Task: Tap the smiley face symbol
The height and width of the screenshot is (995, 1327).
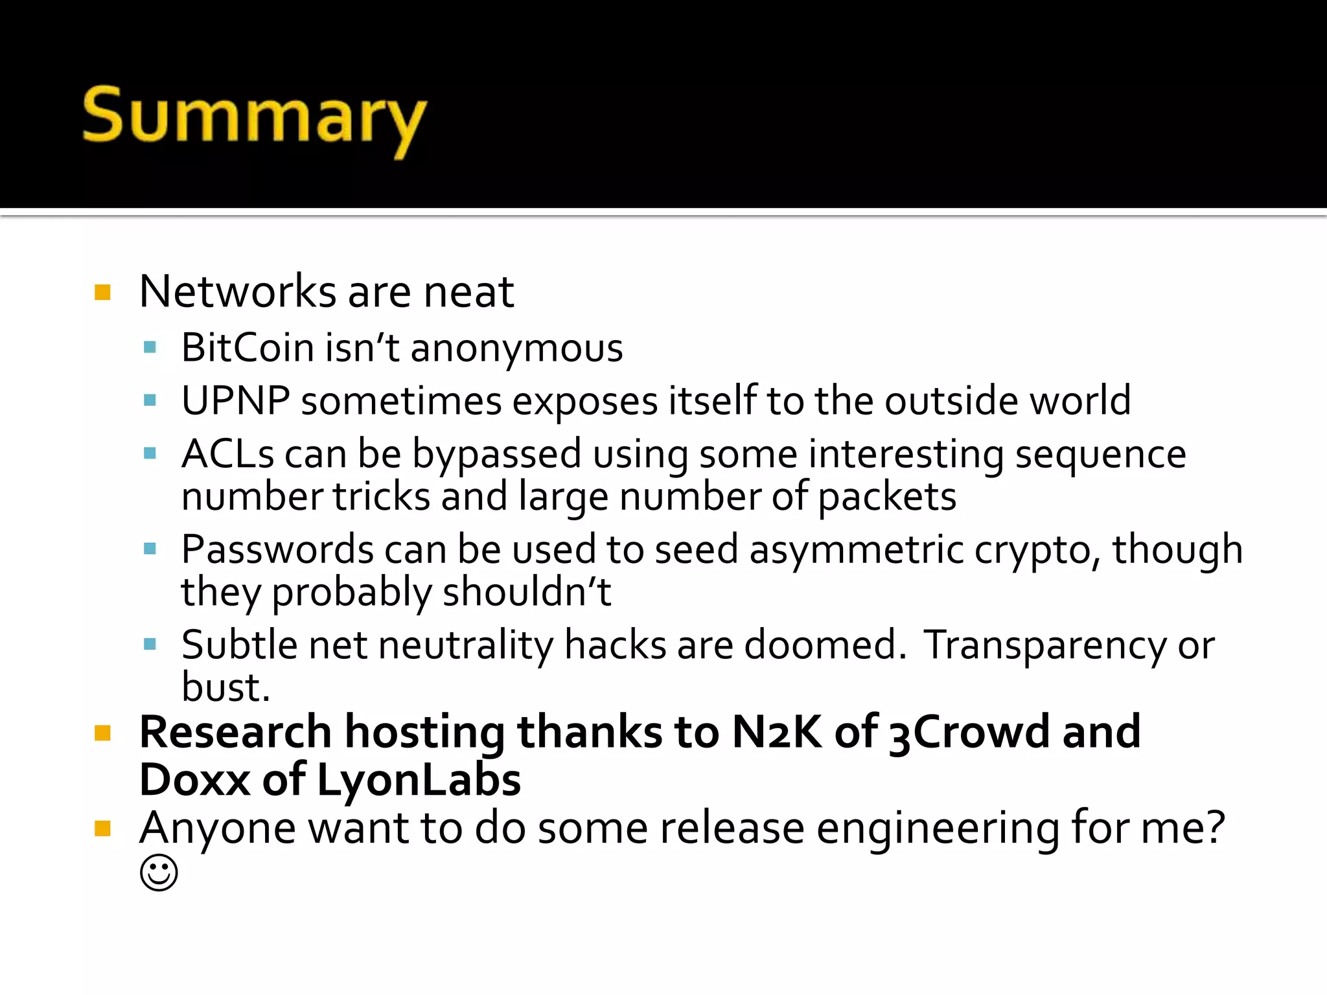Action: (x=159, y=873)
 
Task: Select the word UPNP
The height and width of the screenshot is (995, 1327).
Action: (x=235, y=401)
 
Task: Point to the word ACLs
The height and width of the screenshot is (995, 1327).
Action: (x=227, y=453)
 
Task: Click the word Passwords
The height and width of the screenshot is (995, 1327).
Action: (x=277, y=550)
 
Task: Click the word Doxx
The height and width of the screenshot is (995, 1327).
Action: (x=194, y=780)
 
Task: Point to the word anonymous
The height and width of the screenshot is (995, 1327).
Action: (x=516, y=349)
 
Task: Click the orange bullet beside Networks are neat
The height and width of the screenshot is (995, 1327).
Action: (x=102, y=293)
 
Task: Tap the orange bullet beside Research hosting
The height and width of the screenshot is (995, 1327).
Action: (x=102, y=733)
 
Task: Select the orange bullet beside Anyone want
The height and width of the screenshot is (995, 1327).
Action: (x=102, y=829)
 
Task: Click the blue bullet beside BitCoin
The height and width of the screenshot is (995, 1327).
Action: (x=150, y=348)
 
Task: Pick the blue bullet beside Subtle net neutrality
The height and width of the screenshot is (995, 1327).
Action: (x=150, y=645)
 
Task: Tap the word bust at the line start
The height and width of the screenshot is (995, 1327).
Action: (x=225, y=687)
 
